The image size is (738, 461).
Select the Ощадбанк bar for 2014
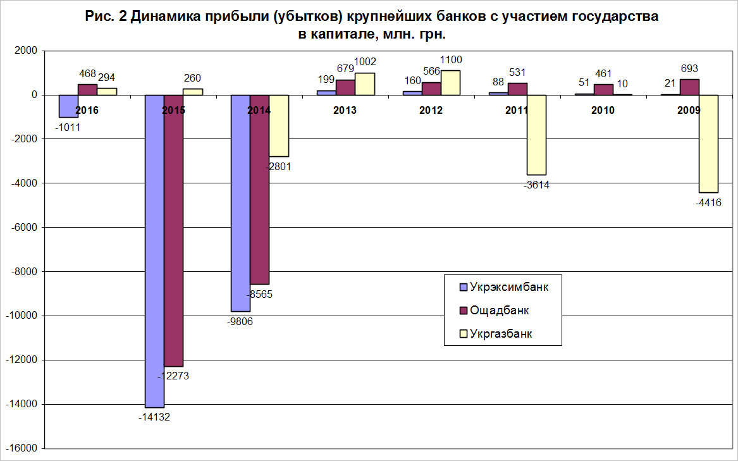259,190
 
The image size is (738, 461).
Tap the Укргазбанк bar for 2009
708,144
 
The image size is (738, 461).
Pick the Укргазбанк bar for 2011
536,135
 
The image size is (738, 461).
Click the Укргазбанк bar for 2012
450,83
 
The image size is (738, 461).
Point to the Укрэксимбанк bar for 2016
68,106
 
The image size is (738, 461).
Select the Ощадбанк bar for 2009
689,87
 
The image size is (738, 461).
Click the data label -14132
154,417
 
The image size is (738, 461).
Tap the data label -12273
173,376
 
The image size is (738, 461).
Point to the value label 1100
450,60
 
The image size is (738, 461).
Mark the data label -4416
708,203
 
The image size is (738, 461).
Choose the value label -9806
240,321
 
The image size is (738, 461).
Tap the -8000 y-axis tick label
23,272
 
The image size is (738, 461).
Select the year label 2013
345,110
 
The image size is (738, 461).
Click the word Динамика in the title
166,18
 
